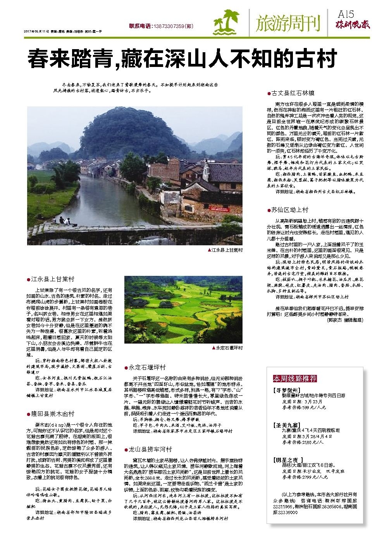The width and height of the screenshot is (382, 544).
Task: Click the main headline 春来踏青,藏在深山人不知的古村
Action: coord(181,60)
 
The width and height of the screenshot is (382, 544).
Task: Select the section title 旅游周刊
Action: coord(288,23)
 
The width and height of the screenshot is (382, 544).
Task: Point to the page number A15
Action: coord(346,14)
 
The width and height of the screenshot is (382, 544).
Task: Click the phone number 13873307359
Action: coord(169,26)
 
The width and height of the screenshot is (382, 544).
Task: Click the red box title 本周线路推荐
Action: coord(295,378)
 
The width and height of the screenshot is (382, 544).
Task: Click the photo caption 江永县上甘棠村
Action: coord(227,250)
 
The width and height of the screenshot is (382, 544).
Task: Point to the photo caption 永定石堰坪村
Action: coord(229,348)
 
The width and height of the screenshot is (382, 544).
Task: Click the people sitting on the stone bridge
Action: coord(65,221)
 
